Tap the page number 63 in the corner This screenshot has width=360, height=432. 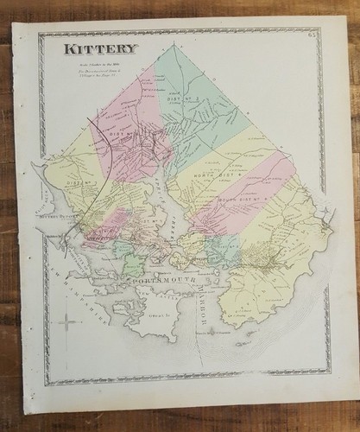coord(311,35)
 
